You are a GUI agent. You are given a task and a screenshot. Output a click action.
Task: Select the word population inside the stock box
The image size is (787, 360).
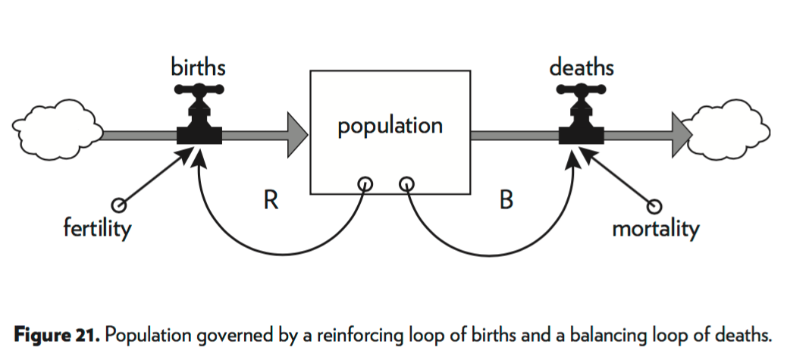[x=390, y=125]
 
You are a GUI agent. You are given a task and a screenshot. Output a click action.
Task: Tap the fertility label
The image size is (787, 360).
[x=96, y=227]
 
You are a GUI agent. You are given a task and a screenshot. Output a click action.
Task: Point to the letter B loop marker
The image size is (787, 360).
[x=507, y=202]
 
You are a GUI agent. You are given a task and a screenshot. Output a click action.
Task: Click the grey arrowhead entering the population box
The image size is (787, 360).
[x=295, y=136]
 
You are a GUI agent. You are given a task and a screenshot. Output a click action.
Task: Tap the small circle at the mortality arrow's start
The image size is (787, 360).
[x=657, y=205]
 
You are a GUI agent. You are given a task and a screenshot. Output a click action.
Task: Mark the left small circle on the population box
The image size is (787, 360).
[x=365, y=183]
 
